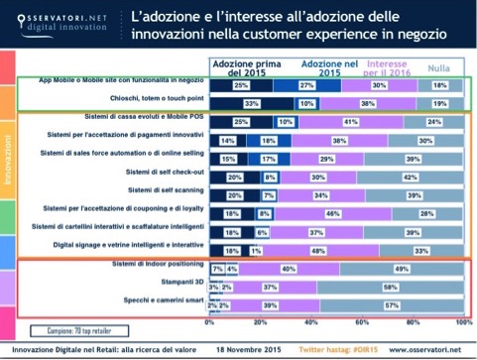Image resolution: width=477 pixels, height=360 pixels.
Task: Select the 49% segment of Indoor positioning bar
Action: pyautogui.click(x=402, y=269)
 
